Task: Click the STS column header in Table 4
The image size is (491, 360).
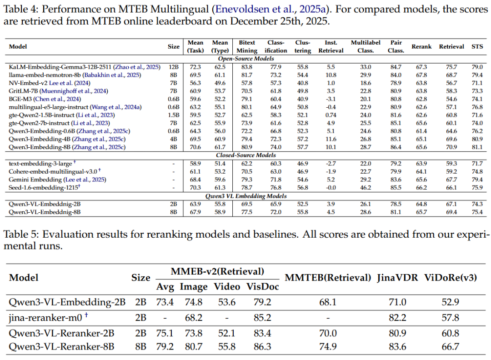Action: coord(477,46)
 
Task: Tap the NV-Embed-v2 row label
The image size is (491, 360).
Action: coord(27,82)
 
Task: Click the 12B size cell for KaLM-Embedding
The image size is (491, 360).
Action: coord(174,67)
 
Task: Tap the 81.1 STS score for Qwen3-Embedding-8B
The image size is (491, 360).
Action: coord(477,147)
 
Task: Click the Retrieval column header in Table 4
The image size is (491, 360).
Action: coord(451,46)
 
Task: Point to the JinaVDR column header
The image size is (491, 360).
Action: coord(397,277)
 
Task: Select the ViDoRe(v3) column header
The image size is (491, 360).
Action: coord(450,277)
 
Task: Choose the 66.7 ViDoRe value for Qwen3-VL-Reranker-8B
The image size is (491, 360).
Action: coord(450,347)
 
